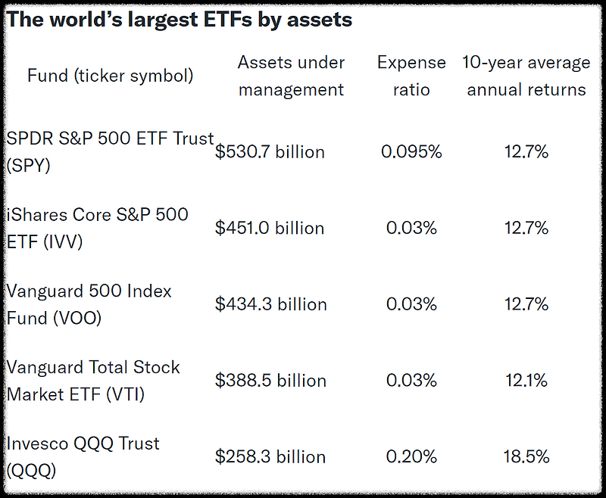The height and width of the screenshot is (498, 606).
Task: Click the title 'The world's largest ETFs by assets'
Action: click(180, 20)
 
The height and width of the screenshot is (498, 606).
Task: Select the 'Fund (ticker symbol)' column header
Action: click(110, 76)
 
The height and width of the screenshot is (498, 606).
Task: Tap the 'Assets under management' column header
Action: click(291, 76)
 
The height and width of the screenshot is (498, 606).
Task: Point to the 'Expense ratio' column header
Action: click(413, 76)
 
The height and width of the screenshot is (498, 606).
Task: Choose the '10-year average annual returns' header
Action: click(526, 76)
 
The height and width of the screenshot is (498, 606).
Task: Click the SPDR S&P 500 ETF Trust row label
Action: click(110, 151)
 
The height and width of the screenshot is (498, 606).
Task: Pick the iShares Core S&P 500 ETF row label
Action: click(97, 228)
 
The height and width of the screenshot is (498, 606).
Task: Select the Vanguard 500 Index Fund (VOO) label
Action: click(89, 304)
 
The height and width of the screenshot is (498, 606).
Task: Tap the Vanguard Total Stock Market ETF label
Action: click(93, 381)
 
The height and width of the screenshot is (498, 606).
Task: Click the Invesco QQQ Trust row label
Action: click(83, 456)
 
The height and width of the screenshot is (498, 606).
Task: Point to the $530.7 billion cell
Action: click(270, 152)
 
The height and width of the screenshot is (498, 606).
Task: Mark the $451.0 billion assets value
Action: click(270, 229)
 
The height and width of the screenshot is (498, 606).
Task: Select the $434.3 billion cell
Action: click(270, 304)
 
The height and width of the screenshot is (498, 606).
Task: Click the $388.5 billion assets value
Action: click(270, 381)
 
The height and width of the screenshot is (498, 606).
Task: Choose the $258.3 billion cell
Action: click(270, 457)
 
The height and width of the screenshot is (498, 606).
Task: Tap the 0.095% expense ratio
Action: click(411, 152)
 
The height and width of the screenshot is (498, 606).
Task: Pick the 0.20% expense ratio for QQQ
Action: click(411, 457)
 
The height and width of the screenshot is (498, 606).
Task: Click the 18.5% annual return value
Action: click(526, 457)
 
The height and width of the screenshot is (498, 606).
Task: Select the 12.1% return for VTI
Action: click(526, 381)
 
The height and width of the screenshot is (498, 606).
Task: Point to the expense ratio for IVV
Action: click(411, 229)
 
